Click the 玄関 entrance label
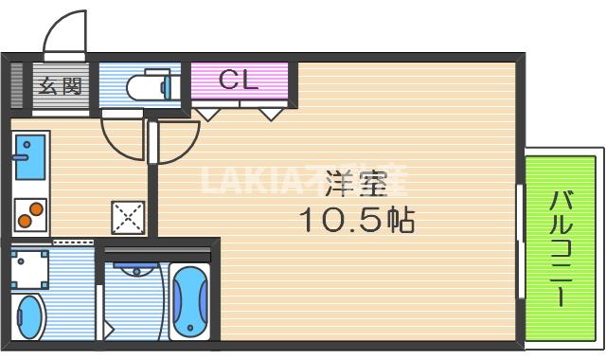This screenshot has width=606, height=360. tap(59, 87)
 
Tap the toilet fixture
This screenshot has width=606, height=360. tap(149, 87)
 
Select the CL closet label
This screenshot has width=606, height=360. tap(238, 81)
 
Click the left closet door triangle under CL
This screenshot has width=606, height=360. tap(208, 115)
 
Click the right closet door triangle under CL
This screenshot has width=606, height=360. tap(272, 115)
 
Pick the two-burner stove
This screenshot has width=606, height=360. tap(29, 213)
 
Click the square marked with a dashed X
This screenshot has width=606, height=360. tap(126, 218)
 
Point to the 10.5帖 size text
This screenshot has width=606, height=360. tap(357, 222)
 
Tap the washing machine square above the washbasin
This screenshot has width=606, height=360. tap(30, 269)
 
